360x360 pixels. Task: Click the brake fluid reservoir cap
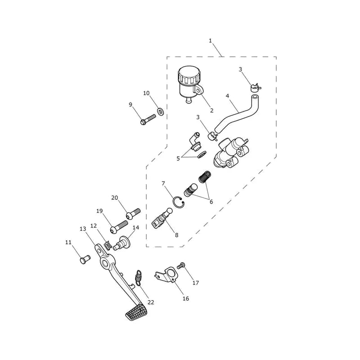[189, 75]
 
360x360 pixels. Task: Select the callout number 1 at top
[210, 41]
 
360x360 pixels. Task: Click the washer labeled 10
[160, 111]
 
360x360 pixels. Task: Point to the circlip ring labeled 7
[178, 202]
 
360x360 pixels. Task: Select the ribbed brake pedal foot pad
[135, 312]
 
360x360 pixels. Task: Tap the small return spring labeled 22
[138, 278]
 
